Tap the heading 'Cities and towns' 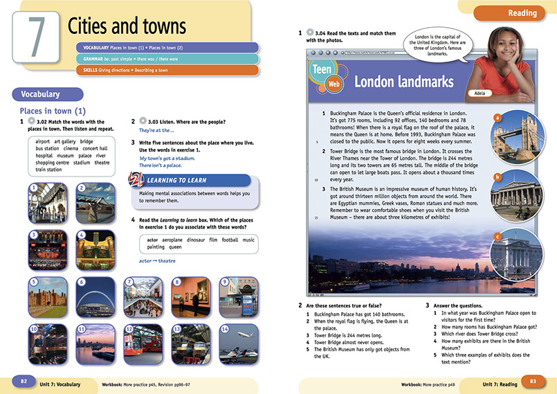pos(127,26)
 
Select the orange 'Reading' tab pos(522,13)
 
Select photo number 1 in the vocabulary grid pos(48,200)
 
